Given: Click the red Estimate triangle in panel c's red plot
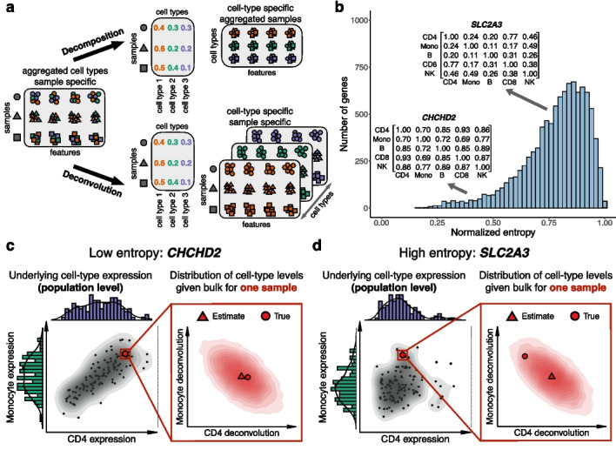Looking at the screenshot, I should click(x=241, y=375).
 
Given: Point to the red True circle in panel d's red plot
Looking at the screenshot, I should click(x=525, y=356).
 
